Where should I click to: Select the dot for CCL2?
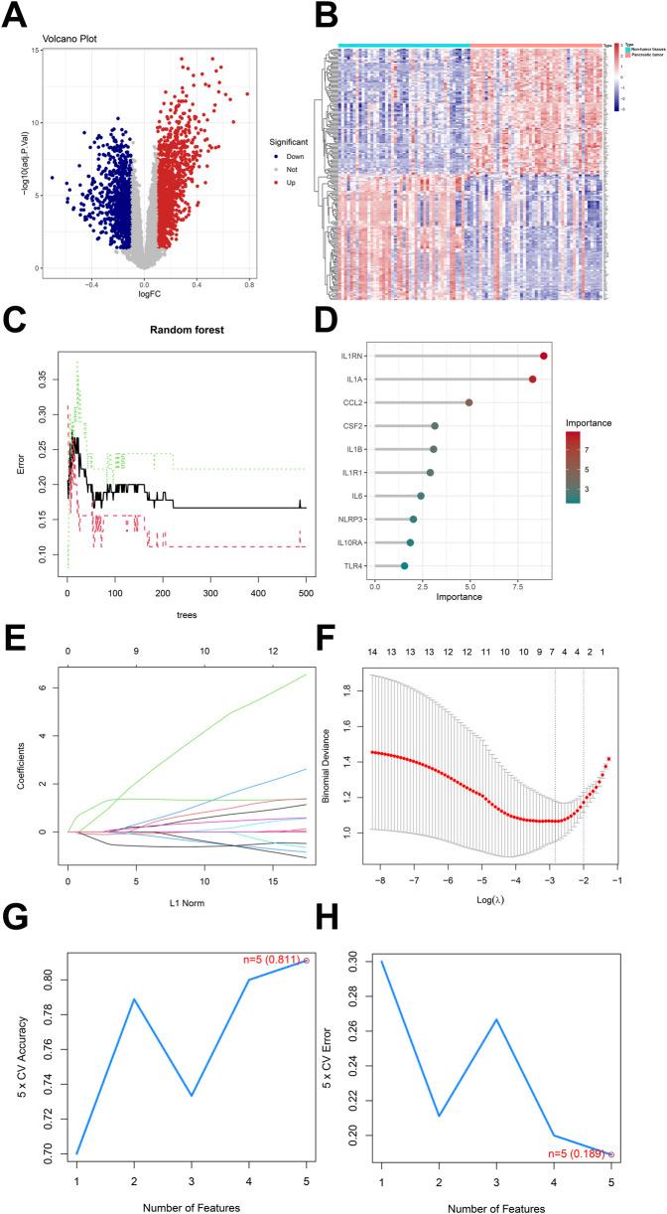(x=469, y=402)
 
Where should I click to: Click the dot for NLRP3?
(x=413, y=520)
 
